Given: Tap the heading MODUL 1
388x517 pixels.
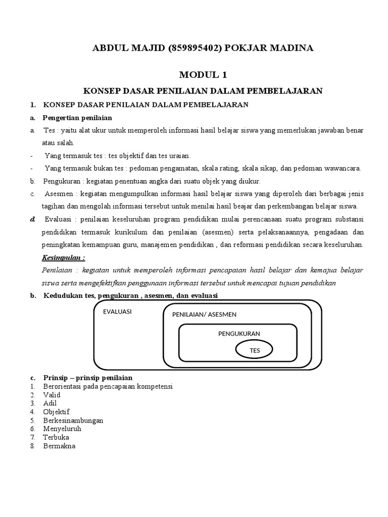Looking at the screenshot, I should [203, 75].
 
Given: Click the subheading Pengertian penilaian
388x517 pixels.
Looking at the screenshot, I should [77, 118].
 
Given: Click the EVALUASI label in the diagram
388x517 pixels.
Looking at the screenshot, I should [117, 312].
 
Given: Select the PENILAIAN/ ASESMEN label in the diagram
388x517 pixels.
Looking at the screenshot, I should [204, 315].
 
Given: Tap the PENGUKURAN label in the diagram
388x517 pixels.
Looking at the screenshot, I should [239, 334].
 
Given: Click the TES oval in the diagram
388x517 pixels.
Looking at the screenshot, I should [254, 349].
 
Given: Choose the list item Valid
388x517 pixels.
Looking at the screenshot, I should [52, 395].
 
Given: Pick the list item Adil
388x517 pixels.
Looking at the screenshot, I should [50, 403].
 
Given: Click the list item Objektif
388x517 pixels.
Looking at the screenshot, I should [56, 411].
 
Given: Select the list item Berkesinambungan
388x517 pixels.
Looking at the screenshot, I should [73, 420].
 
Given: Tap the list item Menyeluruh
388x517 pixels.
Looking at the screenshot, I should [62, 429].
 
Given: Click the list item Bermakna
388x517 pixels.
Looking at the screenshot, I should [59, 446].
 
